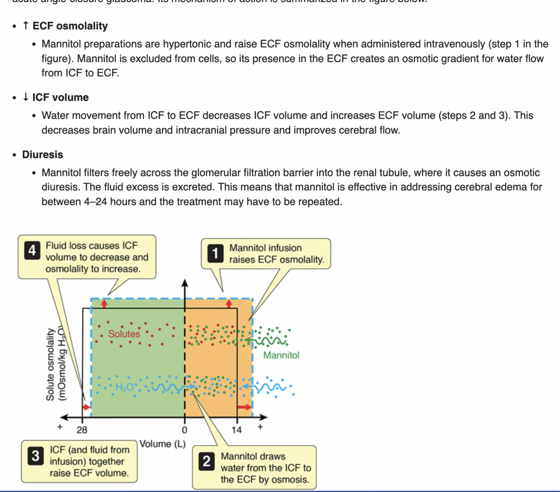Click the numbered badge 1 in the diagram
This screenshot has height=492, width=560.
pos(215,253)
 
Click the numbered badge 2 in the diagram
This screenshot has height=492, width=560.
pos(207,461)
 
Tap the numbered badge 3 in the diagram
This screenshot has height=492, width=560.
pos(36,456)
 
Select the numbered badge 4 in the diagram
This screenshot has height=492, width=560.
pos(32,251)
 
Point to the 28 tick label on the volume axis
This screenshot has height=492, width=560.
pos(82,430)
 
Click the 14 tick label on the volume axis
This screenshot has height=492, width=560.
pos(236,430)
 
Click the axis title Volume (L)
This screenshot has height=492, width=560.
pos(162,444)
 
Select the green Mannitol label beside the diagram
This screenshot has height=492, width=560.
pos(281,355)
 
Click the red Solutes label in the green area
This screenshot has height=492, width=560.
pos(124,334)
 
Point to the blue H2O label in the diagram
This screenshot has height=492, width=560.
pos(125,387)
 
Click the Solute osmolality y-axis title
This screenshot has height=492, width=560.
pos(50,364)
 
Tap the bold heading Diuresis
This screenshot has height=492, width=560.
pos(42,155)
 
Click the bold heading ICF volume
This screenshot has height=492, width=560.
pos(60,97)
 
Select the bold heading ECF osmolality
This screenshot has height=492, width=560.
pos(70,26)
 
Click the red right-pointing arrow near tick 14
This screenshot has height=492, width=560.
pos(244,407)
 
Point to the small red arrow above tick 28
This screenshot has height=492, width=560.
pos(86,407)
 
